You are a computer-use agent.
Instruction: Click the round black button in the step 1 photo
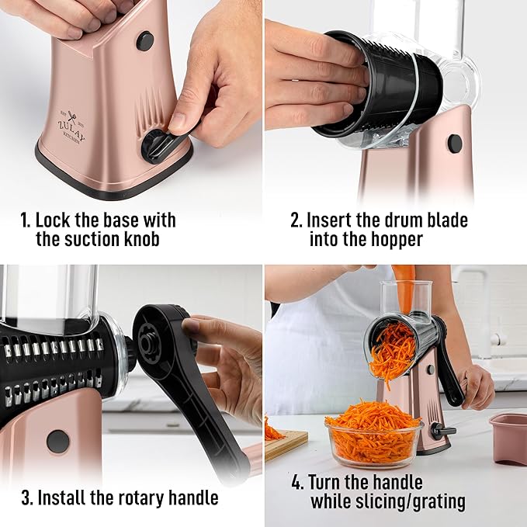click(x=144, y=41)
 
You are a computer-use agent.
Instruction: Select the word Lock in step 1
click(x=56, y=220)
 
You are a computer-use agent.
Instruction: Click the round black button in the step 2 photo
click(x=455, y=144)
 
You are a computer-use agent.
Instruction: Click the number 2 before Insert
click(x=296, y=220)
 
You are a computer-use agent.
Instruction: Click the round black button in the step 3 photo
click(x=57, y=441)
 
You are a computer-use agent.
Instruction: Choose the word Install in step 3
click(x=64, y=498)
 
